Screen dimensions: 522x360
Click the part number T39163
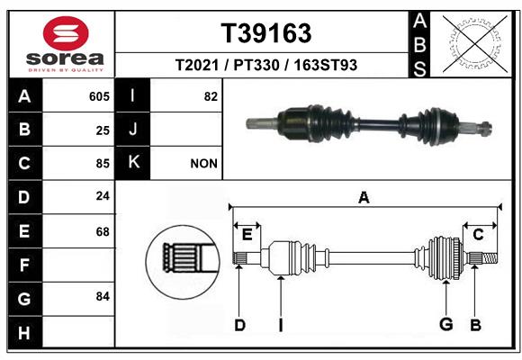pos(266,33)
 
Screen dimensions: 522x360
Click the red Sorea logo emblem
pos(66,33)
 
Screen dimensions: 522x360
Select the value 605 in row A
pos(99,96)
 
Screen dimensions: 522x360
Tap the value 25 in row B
pos(103,130)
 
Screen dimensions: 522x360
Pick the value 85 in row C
pos(103,164)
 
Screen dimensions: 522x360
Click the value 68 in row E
pos(103,231)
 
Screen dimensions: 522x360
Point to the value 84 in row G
pos(103,296)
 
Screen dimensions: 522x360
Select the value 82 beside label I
pos(211,96)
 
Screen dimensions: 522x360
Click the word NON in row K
pos(203,164)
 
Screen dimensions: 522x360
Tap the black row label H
pos(25,333)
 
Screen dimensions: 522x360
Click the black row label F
pos(25,265)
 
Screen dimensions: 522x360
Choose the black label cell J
pos(132,130)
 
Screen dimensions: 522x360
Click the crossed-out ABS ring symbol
pos(475,44)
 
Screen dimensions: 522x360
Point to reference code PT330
pos(256,65)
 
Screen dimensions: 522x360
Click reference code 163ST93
pos(325,65)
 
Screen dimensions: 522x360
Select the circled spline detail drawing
pos(183,263)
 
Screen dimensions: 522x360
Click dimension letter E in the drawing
pos(247,235)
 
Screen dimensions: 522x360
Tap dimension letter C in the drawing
pos(478,235)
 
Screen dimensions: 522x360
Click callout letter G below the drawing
pos(446,324)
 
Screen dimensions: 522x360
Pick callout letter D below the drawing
pos(239,325)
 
